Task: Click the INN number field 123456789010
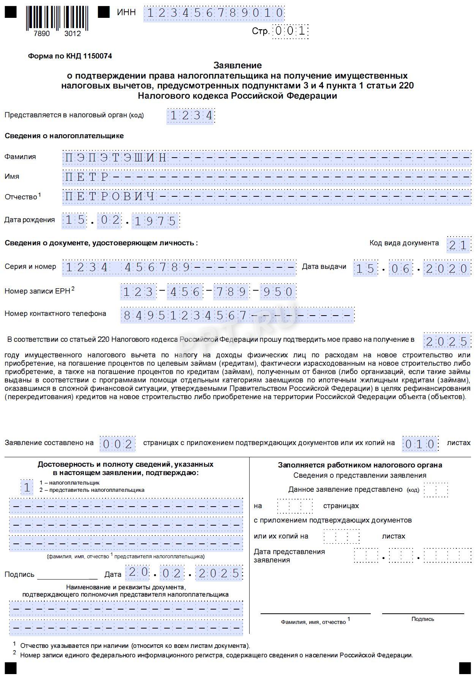tap(214, 13)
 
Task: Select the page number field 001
tap(291, 31)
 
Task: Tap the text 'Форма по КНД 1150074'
tap(70, 56)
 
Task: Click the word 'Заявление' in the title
tap(237, 65)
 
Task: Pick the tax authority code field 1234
tap(191, 115)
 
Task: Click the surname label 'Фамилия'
tap(20, 157)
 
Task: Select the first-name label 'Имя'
tap(12, 177)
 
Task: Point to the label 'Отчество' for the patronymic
tap(21, 197)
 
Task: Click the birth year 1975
tap(156, 221)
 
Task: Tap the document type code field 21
tap(459, 245)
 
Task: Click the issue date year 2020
tap(447, 269)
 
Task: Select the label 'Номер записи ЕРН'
tap(37, 291)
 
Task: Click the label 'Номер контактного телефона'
tap(55, 314)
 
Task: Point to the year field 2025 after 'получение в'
tap(447, 341)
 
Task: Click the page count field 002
tap(117, 444)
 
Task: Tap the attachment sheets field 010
tap(420, 444)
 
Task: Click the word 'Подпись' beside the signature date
tap(19, 575)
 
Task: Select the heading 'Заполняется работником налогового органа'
tap(360, 465)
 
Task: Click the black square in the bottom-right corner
tap(465, 668)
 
